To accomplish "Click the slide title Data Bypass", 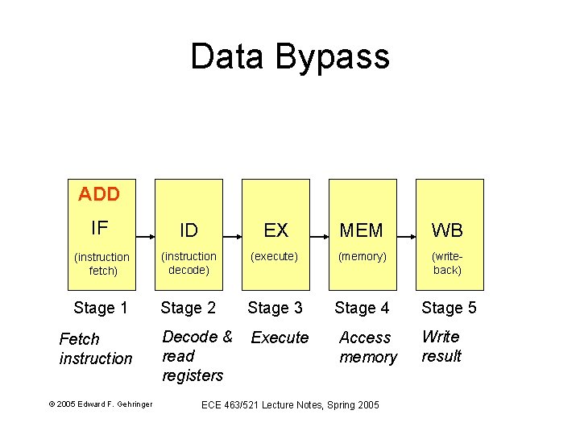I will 290,57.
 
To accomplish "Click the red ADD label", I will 99,194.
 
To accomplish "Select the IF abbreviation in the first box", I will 99,228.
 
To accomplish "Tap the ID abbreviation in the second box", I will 188,231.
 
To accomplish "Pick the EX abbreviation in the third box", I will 275,231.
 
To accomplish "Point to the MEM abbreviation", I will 362,231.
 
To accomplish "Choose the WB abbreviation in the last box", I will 447,231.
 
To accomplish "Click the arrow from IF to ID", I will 145,238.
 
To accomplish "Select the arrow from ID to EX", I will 232,238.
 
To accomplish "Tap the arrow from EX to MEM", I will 319,238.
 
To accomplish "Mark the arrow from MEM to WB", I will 406,238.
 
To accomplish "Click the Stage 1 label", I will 101,308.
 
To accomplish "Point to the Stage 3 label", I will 275,308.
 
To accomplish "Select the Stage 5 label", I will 449,308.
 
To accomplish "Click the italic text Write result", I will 441,346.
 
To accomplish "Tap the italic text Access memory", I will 368,347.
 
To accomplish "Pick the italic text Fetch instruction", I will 95,349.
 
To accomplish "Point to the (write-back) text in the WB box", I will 447,263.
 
